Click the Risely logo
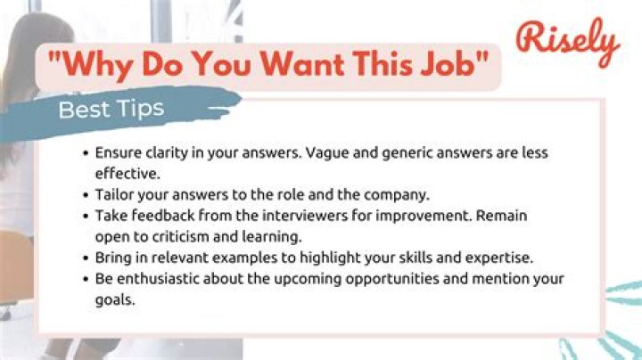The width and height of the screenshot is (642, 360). pyautogui.click(x=567, y=40)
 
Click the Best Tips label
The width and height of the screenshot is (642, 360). pyautogui.click(x=111, y=110)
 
